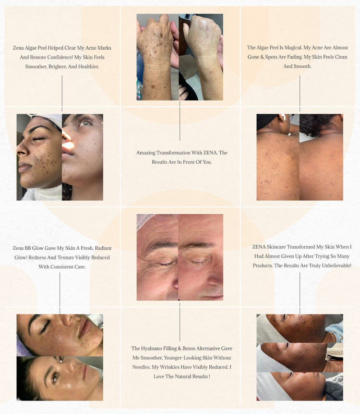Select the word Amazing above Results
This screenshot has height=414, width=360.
click(x=145, y=153)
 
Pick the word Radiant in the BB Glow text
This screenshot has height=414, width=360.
click(x=103, y=248)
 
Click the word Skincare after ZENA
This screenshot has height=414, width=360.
click(x=276, y=247)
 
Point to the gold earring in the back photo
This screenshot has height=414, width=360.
click(x=282, y=118)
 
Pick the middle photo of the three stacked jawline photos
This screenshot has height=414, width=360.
click(x=300, y=357)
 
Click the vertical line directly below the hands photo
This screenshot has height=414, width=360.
click(x=180, y=121)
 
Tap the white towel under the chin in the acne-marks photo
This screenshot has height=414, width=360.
click(x=42, y=193)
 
